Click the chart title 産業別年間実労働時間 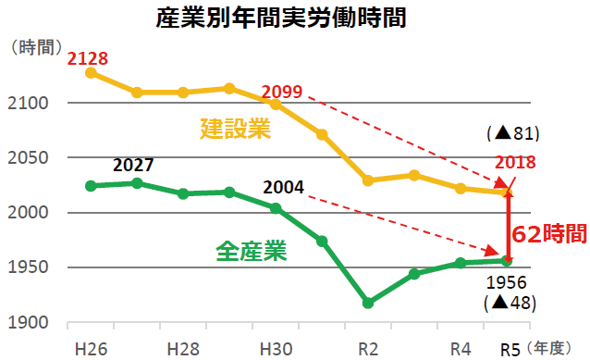tap(294, 17)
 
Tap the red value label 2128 tap(88, 58)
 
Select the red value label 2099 tap(281, 91)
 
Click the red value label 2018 tap(516, 163)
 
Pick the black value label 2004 tap(283, 187)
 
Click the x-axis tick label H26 tap(90, 349)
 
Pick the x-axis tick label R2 tap(367, 349)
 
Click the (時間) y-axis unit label tap(33, 45)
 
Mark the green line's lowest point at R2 tap(368, 303)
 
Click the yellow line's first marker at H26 tap(91, 72)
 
